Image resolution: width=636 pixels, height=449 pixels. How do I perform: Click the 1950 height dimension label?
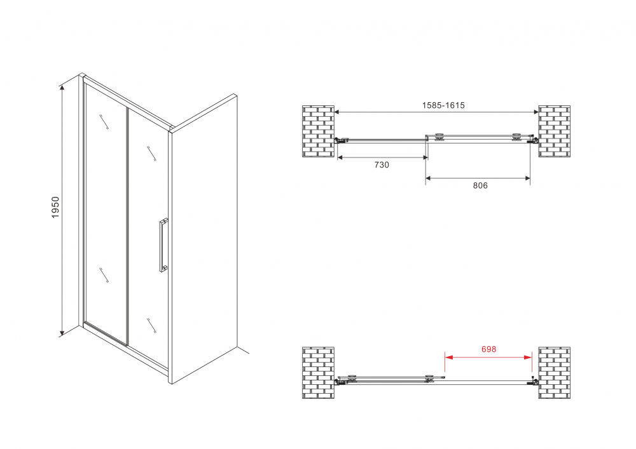tap(55, 207)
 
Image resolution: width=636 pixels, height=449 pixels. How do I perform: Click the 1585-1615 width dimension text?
tap(443, 105)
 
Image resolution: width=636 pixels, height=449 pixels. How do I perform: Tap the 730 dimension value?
tap(382, 164)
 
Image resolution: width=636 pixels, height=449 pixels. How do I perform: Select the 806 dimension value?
tap(480, 185)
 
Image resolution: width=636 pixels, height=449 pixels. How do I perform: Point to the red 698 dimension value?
tap(488, 349)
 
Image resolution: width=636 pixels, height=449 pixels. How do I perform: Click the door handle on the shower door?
tap(163, 245)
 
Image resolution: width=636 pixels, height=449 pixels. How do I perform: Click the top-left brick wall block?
tap(319, 131)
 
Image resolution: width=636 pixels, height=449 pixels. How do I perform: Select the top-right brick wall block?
tap(555, 131)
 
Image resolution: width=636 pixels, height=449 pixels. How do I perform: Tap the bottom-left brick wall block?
tap(319, 373)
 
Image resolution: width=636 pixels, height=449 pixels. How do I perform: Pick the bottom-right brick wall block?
tap(555, 373)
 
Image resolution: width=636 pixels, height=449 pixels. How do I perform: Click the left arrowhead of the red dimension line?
tap(448, 357)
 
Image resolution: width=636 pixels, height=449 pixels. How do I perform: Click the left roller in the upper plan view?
tap(439, 137)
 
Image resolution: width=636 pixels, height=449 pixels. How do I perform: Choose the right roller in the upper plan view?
tap(516, 137)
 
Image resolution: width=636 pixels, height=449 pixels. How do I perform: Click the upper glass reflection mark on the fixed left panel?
tap(104, 122)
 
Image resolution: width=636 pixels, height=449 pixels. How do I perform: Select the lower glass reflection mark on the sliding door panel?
tap(151, 326)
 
